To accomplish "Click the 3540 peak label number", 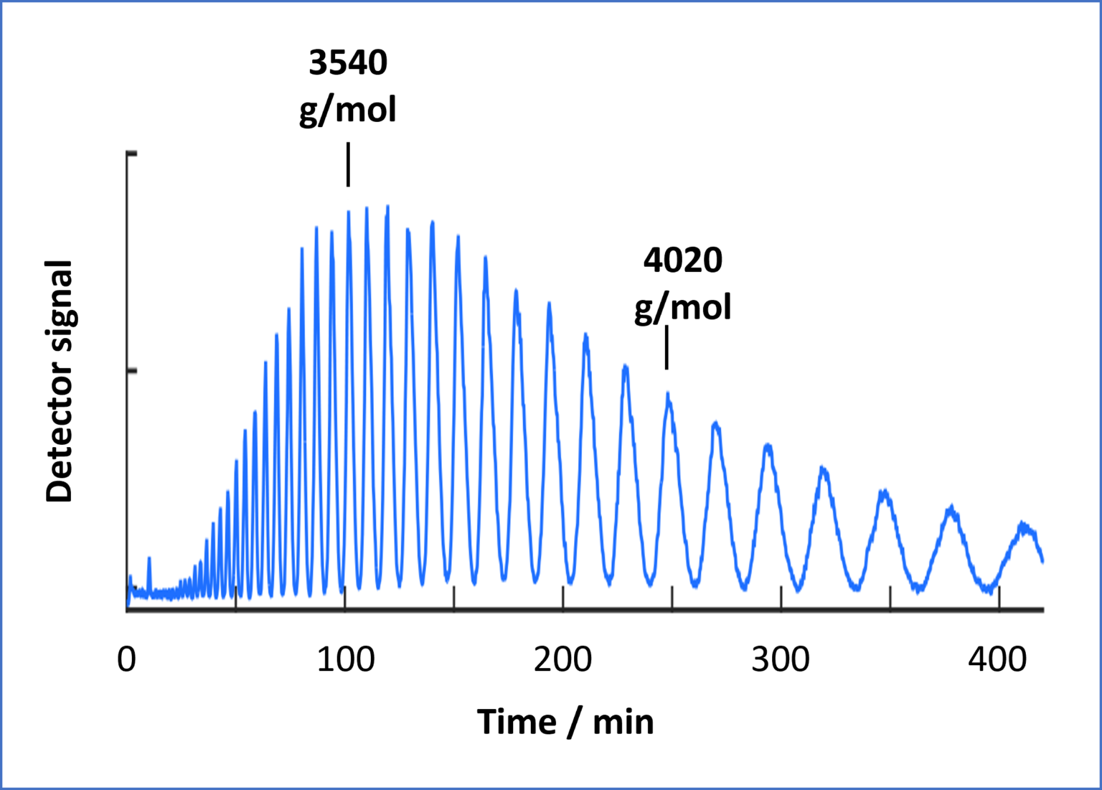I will pos(348,63).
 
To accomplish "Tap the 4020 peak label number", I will pos(682,260).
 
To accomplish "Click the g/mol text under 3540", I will pos(348,110).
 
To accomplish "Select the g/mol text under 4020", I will pos(682,308).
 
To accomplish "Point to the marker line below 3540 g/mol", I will pos(348,164).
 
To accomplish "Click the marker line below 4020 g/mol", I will pos(667,348).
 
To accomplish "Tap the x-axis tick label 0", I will pos(126,659).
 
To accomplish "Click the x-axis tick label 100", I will pos(345,659).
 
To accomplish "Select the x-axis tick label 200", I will pos(563,659).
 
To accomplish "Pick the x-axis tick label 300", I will pos(781,659).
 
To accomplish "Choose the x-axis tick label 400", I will pos(998,659).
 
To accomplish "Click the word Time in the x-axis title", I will pos(517,722).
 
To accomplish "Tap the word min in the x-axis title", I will pos(623,722).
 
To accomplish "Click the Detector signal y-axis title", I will pos(60,381).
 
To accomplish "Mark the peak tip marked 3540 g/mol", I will pos(349,212).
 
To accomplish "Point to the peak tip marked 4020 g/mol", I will pos(668,394).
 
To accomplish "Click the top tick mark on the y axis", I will pos(131,154).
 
